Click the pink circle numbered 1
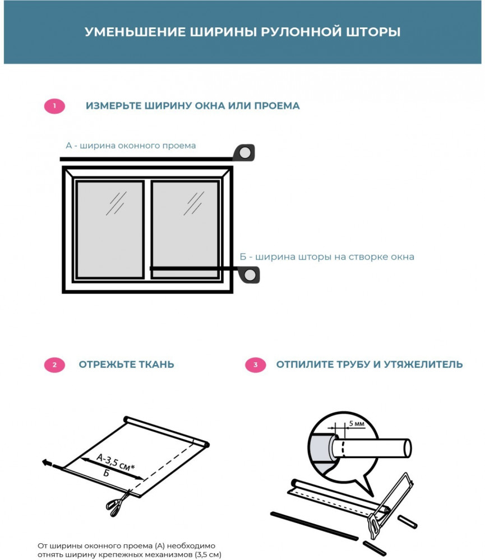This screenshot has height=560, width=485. [x=54, y=106]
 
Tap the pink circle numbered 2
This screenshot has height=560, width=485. [x=54, y=365]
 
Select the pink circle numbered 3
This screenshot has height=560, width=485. [x=255, y=365]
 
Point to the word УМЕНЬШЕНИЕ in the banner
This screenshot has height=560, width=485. [x=135, y=32]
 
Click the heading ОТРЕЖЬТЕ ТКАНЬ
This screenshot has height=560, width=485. [x=126, y=365]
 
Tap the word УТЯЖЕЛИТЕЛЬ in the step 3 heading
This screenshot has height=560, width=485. [x=423, y=365]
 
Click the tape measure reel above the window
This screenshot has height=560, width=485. [x=244, y=153]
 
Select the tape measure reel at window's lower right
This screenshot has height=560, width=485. [x=250, y=275]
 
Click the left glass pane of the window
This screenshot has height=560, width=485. [x=109, y=229]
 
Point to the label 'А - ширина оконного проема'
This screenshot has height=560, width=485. [x=131, y=146]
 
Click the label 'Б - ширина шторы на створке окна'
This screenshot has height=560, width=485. [x=326, y=257]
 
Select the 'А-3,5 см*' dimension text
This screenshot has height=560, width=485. [x=116, y=463]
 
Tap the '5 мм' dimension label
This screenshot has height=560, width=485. [x=357, y=423]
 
